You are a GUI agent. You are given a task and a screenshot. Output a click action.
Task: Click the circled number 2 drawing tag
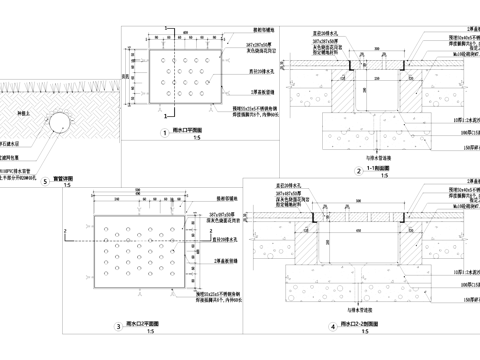point(358,171)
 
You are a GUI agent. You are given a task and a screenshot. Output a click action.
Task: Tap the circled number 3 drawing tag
point(119,326)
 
